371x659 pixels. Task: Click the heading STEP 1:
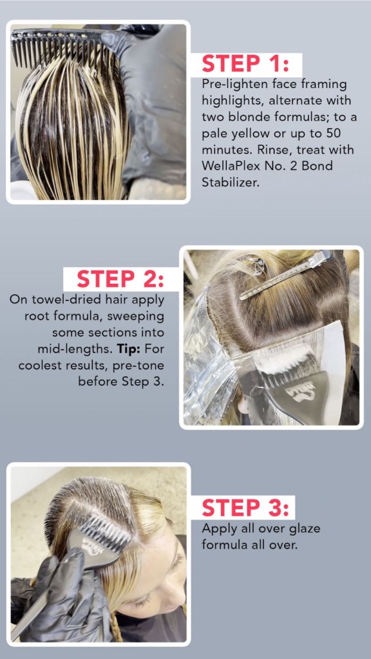(x=245, y=64)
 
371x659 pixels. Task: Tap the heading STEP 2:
(x=121, y=279)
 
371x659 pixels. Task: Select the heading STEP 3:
(x=245, y=508)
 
